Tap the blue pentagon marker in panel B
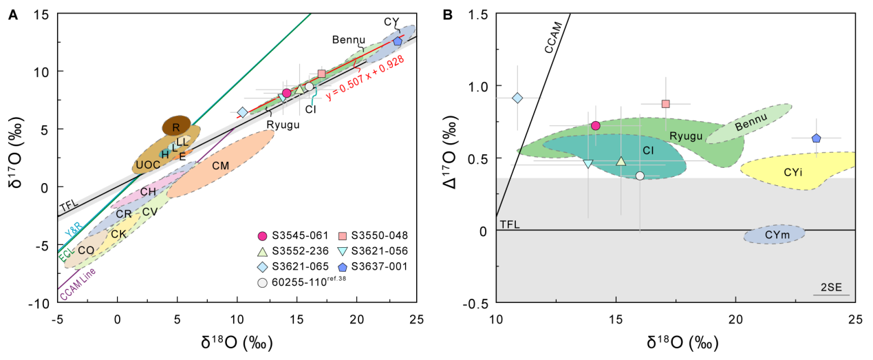point(816,138)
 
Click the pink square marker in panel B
point(665,104)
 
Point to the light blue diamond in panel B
point(518,98)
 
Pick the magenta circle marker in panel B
point(596,125)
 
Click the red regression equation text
point(365,78)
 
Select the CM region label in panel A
point(220,165)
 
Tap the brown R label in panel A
point(176,127)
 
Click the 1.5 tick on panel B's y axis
point(479,14)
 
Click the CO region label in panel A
point(85,251)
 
